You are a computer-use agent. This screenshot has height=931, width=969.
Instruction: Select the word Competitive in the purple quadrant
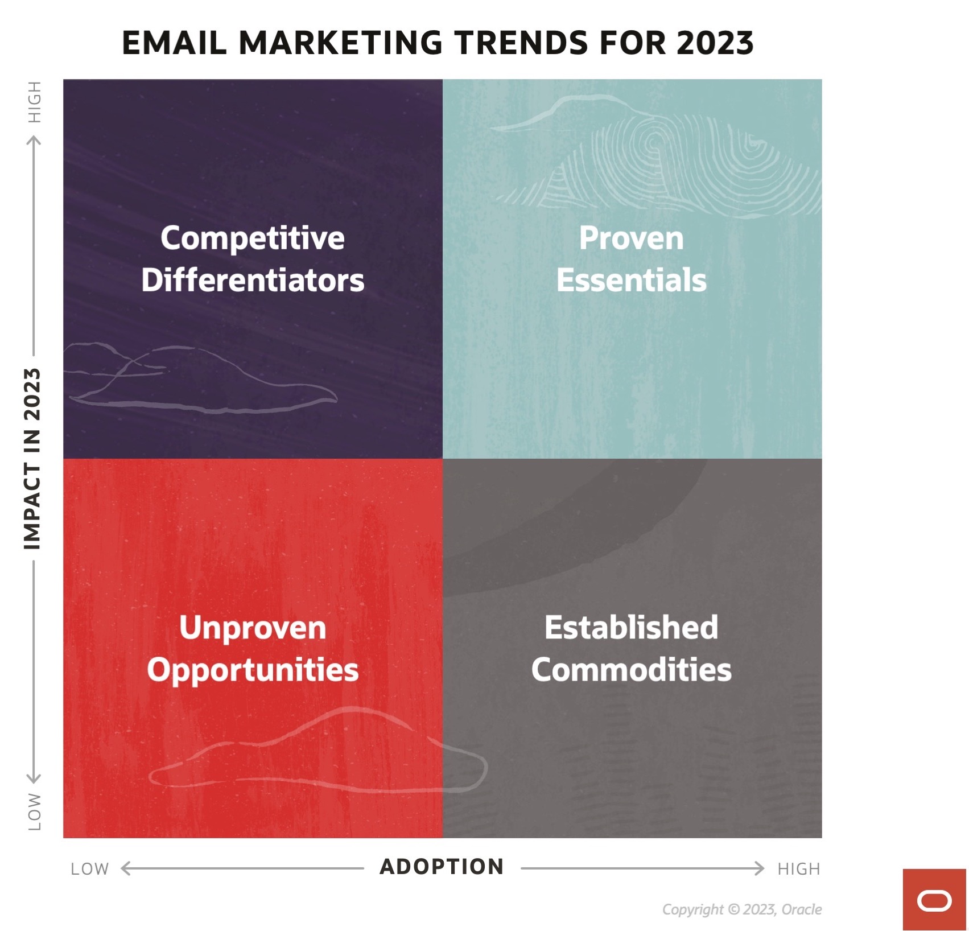click(253, 238)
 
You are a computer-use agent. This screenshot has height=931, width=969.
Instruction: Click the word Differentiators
click(253, 280)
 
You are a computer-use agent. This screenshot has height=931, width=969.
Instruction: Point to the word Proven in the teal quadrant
click(632, 238)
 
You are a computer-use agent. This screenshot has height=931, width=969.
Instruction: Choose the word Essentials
click(632, 280)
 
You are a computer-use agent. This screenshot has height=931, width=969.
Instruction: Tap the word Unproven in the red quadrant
click(253, 628)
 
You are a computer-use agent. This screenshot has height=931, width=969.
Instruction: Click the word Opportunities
click(253, 670)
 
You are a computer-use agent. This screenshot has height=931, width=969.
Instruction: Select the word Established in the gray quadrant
click(632, 627)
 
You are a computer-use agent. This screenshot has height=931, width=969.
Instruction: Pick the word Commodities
click(632, 670)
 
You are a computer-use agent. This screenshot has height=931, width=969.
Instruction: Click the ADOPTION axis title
click(442, 867)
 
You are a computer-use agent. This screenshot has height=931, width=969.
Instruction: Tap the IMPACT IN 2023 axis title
click(32, 459)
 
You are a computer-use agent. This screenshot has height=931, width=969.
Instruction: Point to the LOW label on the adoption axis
click(90, 869)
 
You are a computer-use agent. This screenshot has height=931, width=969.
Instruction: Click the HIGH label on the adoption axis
click(799, 869)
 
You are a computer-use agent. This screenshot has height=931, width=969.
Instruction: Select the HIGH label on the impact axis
click(35, 102)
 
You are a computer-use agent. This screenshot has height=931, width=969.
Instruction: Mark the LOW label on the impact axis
click(35, 811)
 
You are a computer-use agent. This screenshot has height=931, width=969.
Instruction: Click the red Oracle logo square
click(934, 900)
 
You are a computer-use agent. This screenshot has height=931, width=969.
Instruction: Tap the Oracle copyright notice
click(742, 909)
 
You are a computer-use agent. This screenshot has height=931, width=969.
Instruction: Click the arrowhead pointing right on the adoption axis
click(759, 868)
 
